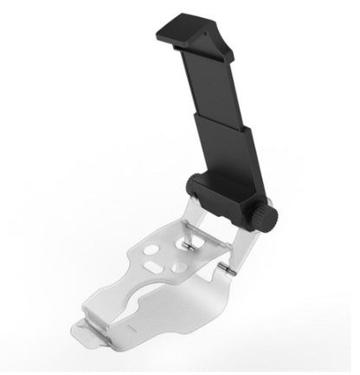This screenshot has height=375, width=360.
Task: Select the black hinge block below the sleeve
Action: coord(215,196)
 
